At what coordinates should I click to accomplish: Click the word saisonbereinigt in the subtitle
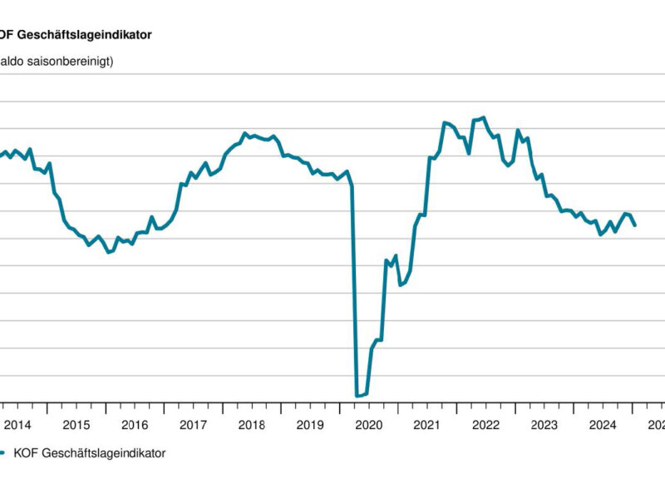(x=71, y=61)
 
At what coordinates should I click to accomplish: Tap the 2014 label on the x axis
(x=17, y=425)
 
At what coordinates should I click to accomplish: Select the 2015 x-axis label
(x=76, y=425)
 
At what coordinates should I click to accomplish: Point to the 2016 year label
(x=135, y=425)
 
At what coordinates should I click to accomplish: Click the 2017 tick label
(x=193, y=425)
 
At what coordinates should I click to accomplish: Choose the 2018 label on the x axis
(x=251, y=425)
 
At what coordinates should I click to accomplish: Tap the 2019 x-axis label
(x=310, y=425)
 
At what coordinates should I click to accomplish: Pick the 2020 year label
(x=368, y=425)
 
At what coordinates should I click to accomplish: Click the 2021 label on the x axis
(x=426, y=425)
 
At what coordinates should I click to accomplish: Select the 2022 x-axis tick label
(x=485, y=425)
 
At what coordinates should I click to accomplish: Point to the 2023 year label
(x=544, y=425)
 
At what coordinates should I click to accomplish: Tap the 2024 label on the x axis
(x=602, y=425)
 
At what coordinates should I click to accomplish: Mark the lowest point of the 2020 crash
(x=357, y=396)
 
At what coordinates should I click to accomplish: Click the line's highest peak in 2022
(x=484, y=117)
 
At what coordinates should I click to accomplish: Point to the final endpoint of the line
(x=635, y=225)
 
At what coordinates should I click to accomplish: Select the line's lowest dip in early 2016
(x=108, y=252)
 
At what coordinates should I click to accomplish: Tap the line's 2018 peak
(x=244, y=133)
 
